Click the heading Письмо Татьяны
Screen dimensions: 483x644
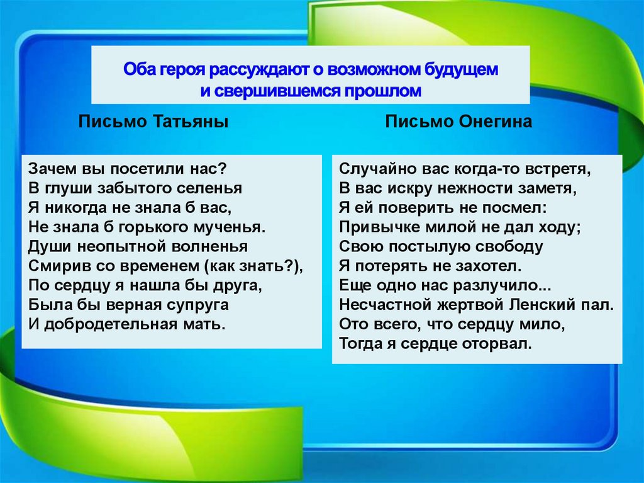pyautogui.click(x=153, y=122)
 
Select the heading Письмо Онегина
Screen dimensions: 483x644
pyautogui.click(x=459, y=122)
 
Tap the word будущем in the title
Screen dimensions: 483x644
pyautogui.click(x=459, y=69)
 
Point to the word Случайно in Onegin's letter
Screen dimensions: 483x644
pyautogui.click(x=368, y=169)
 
